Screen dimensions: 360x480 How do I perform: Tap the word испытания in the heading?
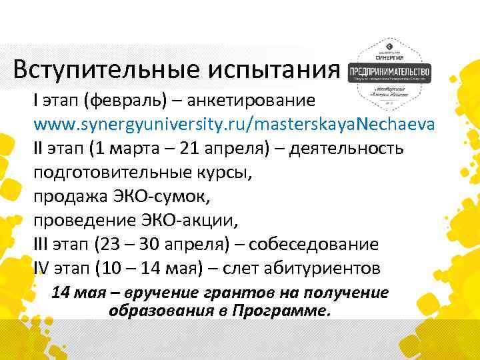(x=286, y=70)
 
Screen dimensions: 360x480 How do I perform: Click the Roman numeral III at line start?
(x=41, y=245)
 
